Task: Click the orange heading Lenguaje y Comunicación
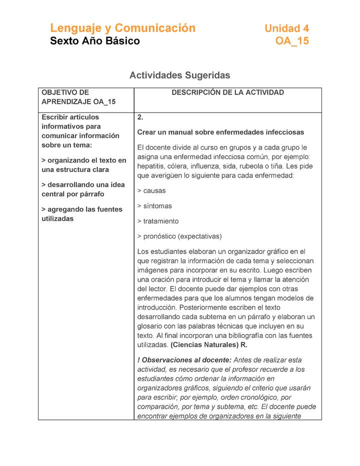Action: [x=122, y=28]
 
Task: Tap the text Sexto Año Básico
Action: [x=95, y=41]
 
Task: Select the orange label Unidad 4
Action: [x=286, y=28]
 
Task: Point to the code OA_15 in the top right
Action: [x=292, y=41]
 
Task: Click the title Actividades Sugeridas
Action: [x=179, y=75]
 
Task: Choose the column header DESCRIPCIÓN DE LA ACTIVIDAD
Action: [x=227, y=92]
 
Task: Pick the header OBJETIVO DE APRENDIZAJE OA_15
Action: [x=78, y=97]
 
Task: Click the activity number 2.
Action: [x=140, y=117]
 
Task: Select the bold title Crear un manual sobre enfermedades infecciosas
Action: [x=220, y=132]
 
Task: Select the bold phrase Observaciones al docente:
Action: [x=184, y=360]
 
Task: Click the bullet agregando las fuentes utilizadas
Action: [x=81, y=214]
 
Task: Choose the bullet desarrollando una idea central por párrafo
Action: [x=83, y=189]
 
